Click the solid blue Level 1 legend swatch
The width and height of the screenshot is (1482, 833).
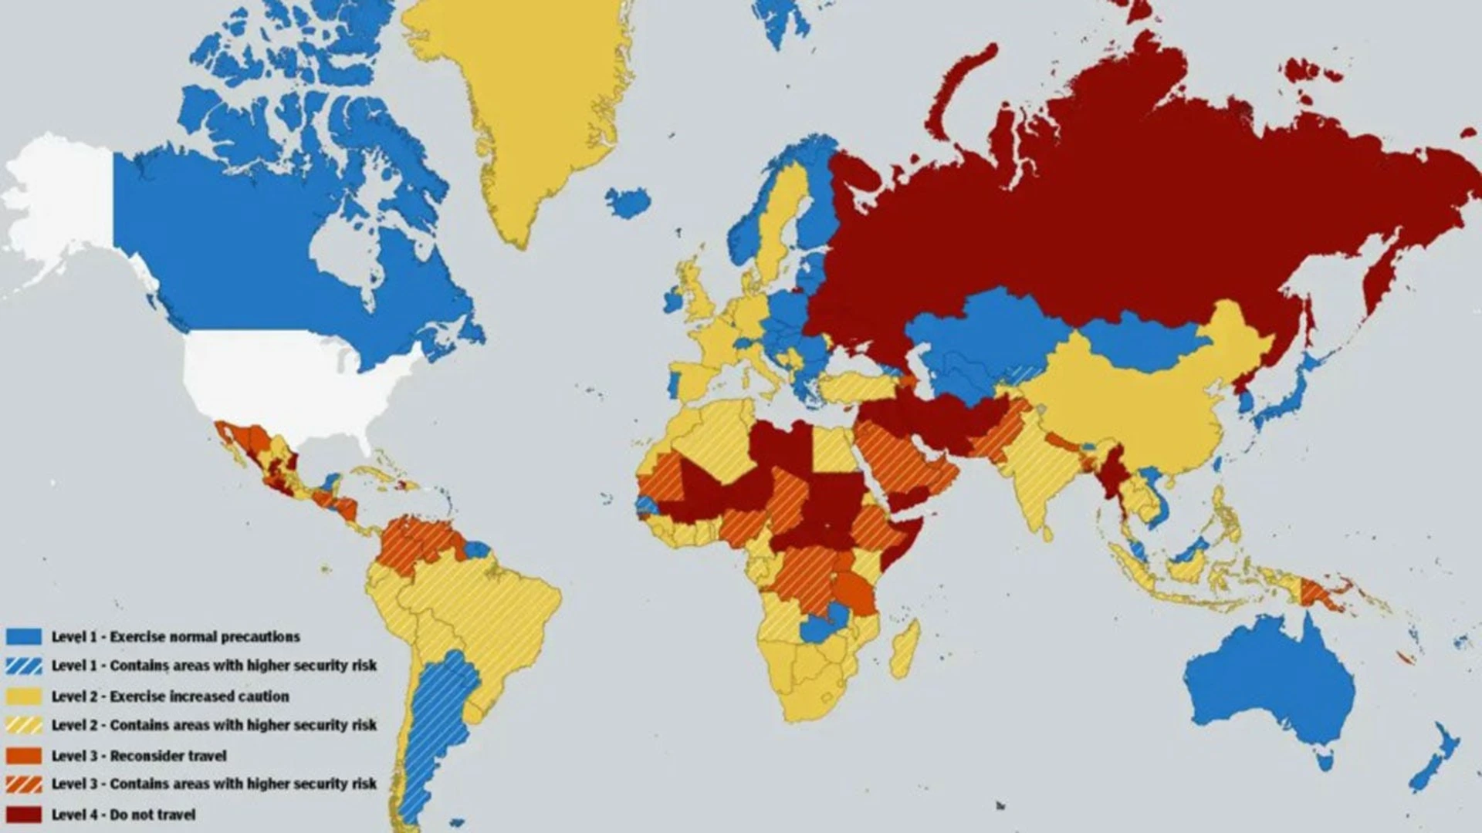24,636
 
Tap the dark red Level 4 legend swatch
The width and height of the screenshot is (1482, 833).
24,814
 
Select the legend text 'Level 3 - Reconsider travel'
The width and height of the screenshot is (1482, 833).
139,756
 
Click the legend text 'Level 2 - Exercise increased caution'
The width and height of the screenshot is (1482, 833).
170,696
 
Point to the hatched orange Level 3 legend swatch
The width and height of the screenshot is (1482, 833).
24,784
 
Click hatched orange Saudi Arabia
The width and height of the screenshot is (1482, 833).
895,463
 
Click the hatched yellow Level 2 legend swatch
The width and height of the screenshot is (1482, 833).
24,725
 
